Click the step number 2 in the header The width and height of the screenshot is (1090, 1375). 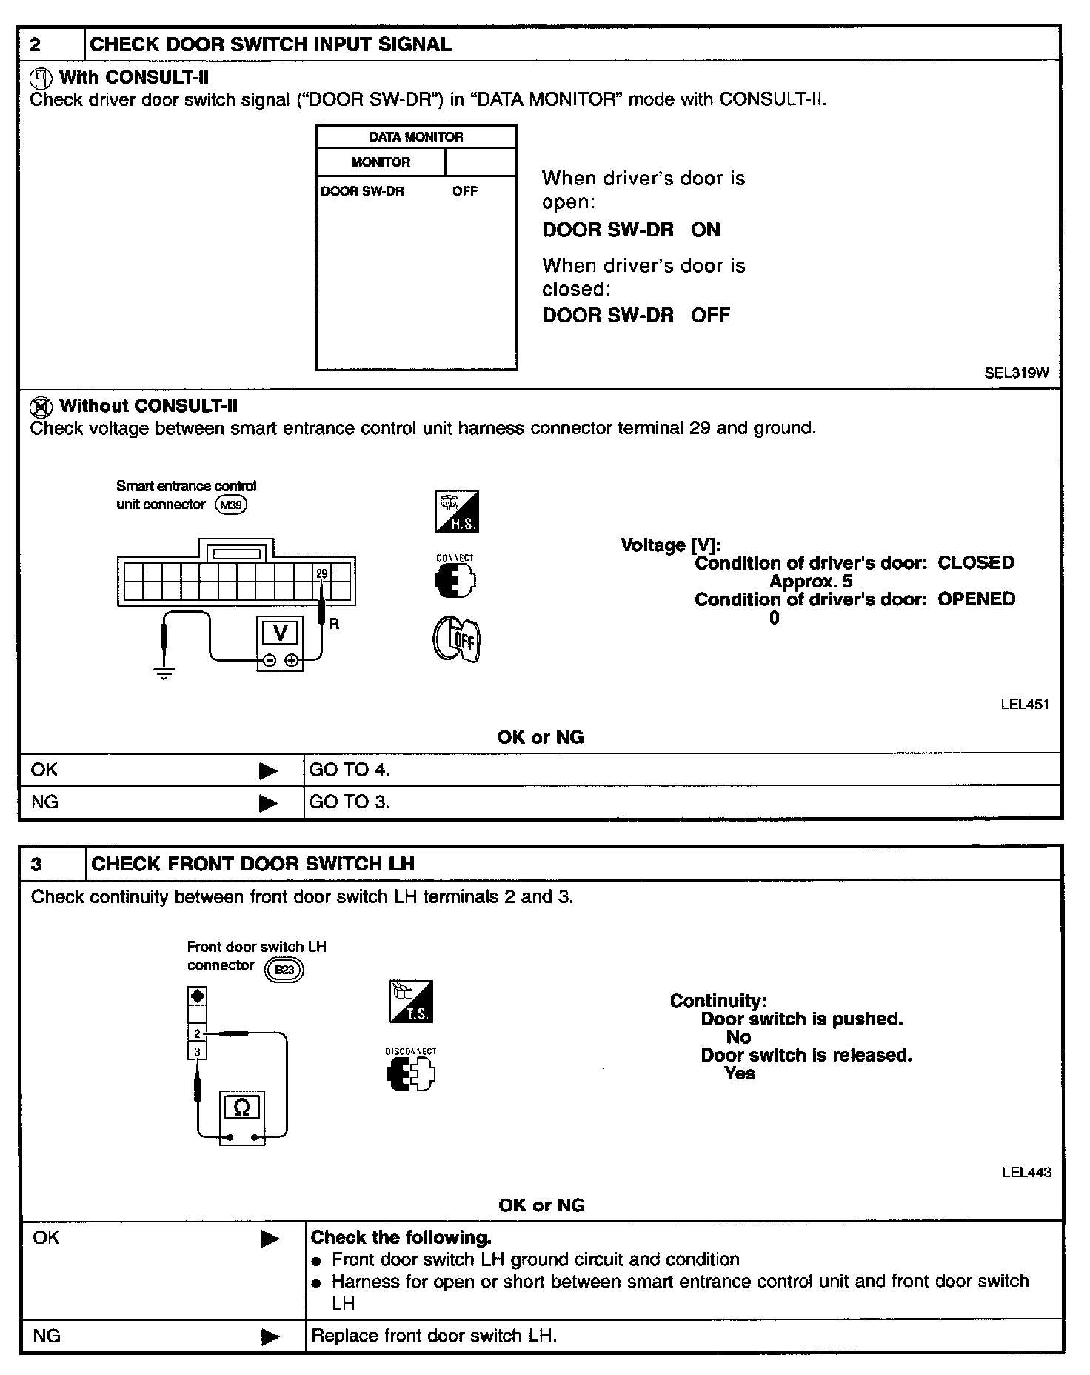36,44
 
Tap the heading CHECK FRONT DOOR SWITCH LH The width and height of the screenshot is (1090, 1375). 253,864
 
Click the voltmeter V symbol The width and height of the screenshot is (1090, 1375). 280,633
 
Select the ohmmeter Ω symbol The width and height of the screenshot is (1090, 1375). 242,1108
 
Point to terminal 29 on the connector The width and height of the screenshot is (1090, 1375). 321,573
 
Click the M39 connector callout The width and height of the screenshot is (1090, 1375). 230,505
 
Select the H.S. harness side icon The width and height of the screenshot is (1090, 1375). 457,512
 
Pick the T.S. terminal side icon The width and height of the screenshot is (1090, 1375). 411,1002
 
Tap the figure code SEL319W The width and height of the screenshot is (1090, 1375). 1016,373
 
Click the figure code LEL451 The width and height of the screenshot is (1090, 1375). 1024,705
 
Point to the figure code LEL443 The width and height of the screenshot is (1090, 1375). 1026,1172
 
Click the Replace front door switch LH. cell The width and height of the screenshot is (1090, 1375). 434,1336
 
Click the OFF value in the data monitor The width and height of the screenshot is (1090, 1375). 465,191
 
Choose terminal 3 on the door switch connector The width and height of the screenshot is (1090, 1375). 197,1051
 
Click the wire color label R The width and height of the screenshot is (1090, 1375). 335,625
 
